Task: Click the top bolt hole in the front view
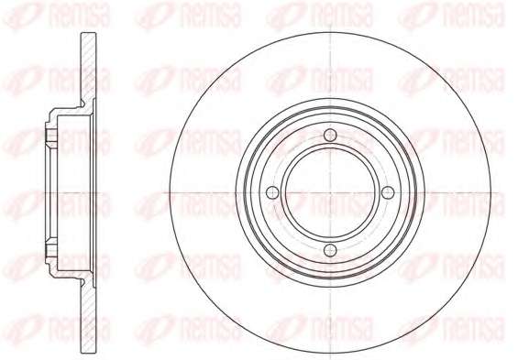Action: (x=330, y=135)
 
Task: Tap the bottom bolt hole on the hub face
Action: (x=330, y=250)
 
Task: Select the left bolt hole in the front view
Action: (x=272, y=192)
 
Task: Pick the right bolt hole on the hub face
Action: (x=388, y=192)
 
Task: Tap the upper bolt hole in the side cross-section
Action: (x=50, y=136)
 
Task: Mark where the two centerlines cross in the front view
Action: (x=330, y=192)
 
